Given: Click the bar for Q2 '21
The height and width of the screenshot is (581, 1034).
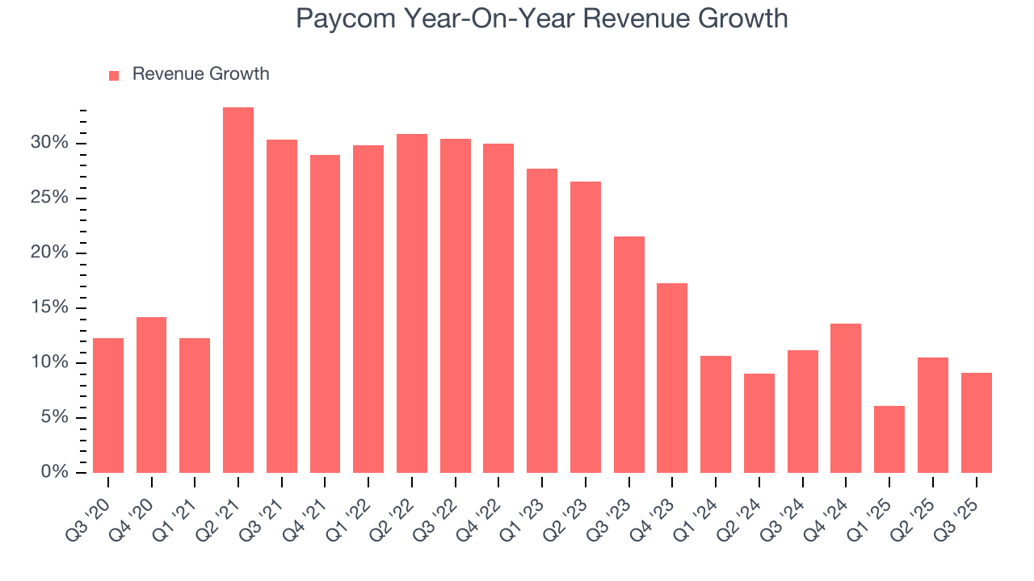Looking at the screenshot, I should pyautogui.click(x=238, y=290).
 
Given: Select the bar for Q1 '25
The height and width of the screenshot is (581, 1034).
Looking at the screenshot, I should pyautogui.click(x=889, y=439).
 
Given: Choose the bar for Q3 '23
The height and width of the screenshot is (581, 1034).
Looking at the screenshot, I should pyautogui.click(x=629, y=354).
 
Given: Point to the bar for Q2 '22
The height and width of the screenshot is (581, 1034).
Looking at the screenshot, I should pyautogui.click(x=412, y=303).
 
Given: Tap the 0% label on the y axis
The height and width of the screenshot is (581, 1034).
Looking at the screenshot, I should pyautogui.click(x=55, y=472).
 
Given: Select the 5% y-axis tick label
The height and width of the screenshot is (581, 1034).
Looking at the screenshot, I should pyautogui.click(x=55, y=417).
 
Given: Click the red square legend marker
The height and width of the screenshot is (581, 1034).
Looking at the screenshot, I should pyautogui.click(x=114, y=75).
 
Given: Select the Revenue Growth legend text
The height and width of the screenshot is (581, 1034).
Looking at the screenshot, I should pyautogui.click(x=200, y=74).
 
